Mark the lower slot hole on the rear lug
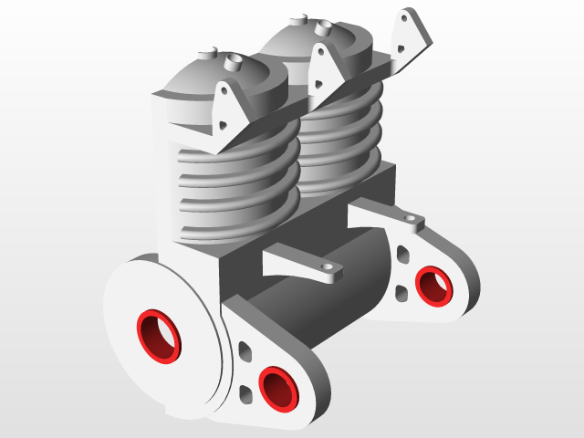point(401,293)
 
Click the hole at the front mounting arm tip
point(324,267)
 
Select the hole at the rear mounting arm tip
point(411,218)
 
